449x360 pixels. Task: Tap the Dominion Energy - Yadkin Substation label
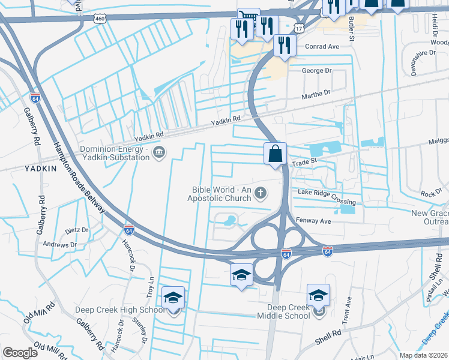coord(114,153)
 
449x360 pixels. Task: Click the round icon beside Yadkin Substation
coord(159,152)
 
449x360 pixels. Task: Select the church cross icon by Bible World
coord(260,193)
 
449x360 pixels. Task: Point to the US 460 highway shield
coord(99,19)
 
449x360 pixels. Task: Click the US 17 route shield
coord(299,28)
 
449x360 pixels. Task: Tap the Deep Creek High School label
coord(120,310)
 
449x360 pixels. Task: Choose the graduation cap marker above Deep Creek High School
coord(173,298)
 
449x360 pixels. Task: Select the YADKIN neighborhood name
coord(41,169)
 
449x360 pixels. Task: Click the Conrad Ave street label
coord(322,46)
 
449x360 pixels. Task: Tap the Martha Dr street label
coord(316,94)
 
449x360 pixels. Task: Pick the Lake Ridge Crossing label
coord(327,192)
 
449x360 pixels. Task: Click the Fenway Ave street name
coord(315,221)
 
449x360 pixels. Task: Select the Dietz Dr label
coord(77,229)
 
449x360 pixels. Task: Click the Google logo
coord(20,353)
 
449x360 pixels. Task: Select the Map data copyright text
coord(423,355)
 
